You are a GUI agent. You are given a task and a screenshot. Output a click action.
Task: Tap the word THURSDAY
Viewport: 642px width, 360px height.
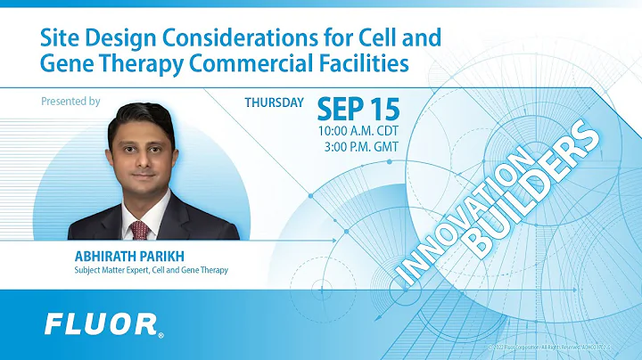(275, 102)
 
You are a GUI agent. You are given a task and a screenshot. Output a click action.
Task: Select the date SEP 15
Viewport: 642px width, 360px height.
(358, 110)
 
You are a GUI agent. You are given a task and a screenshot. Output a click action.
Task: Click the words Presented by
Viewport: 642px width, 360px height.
(70, 102)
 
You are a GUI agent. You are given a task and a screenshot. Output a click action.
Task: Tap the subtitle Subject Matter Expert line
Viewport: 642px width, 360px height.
(145, 270)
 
